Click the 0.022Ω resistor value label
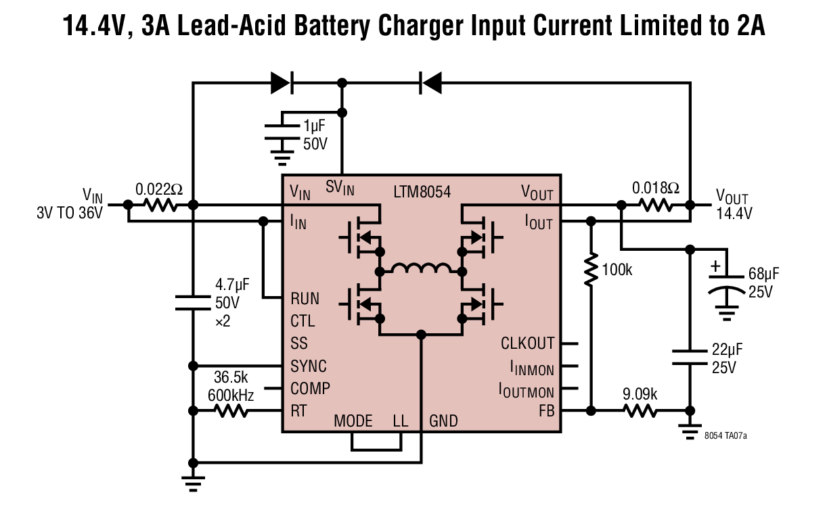pos(159,189)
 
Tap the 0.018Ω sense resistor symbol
pos(656,205)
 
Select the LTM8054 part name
pos(422,192)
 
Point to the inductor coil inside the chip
pos(421,268)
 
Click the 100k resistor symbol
pos(591,270)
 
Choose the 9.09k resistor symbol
pos(640,410)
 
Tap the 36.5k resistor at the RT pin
pos(231,410)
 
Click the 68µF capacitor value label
pos(763,274)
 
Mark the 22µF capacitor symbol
pos(690,358)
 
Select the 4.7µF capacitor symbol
pos(193,302)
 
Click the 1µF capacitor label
pos(315,126)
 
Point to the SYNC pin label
pos(309,366)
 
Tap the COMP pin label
pos(310,389)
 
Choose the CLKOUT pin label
pos(528,343)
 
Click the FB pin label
pos(546,411)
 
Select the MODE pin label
pos(353,421)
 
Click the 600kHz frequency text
pos(231,395)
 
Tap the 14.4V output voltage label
pos(734,214)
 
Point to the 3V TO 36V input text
pos(70,213)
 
